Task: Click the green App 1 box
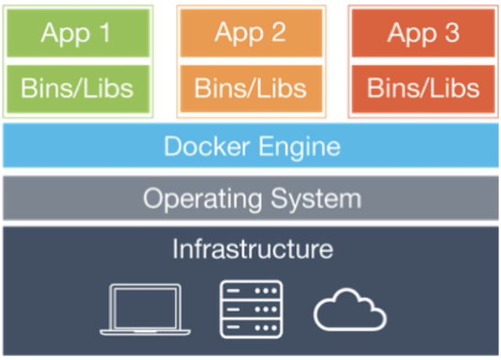(x=77, y=33)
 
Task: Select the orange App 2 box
(x=250, y=33)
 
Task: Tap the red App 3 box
(x=424, y=33)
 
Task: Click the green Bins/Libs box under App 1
(x=77, y=87)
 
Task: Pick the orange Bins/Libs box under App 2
(x=250, y=87)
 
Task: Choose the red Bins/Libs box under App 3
(x=424, y=87)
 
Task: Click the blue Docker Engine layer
(x=250, y=146)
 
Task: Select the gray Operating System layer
(x=250, y=198)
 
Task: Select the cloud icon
(x=350, y=311)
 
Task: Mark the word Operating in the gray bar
(x=200, y=198)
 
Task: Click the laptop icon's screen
(x=140, y=306)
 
